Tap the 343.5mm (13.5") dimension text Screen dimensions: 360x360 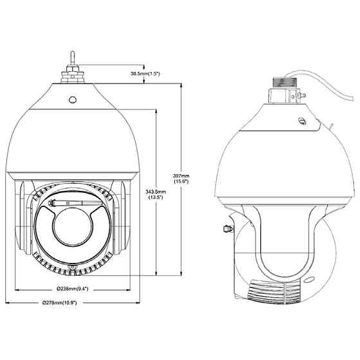point(155,195)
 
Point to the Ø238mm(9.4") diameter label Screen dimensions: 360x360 point(72,289)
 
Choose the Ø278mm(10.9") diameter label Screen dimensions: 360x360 point(72,303)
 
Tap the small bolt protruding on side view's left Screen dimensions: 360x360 point(226,228)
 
